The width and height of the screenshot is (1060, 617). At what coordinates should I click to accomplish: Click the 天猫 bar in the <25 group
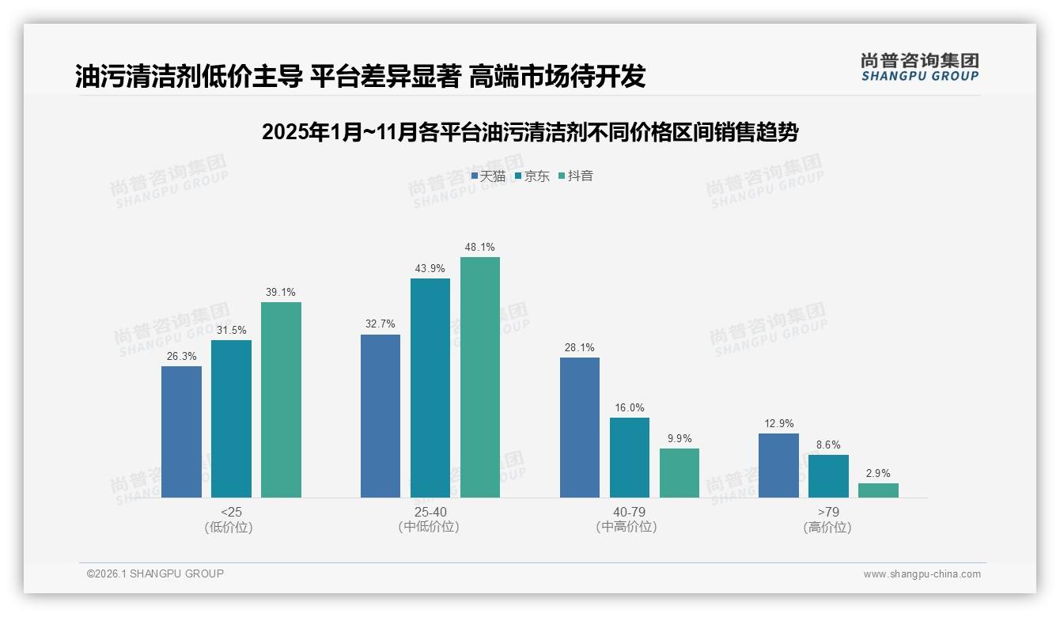(x=181, y=432)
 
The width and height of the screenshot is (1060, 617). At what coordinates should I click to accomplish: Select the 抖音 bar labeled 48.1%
(x=480, y=377)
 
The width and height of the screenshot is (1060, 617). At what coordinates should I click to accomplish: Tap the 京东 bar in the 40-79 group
(x=630, y=458)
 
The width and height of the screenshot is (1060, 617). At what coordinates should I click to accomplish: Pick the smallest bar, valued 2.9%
(x=878, y=490)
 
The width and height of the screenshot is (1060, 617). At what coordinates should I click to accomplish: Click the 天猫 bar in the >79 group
(x=778, y=466)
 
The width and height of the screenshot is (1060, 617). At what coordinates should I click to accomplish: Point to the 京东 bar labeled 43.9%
(x=430, y=388)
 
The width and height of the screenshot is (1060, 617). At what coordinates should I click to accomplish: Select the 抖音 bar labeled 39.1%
(x=281, y=399)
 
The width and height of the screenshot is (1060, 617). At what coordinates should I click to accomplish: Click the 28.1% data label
(x=580, y=347)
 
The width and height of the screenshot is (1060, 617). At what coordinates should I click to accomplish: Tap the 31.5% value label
(x=231, y=330)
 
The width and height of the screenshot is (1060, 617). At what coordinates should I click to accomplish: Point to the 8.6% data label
(x=828, y=445)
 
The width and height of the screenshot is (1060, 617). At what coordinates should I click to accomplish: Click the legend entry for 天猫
(x=488, y=176)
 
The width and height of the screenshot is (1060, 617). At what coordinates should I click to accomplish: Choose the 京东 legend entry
(x=532, y=176)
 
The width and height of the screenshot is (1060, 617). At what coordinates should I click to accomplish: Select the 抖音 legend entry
(x=576, y=176)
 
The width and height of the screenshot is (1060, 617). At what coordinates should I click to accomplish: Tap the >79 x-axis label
(x=828, y=512)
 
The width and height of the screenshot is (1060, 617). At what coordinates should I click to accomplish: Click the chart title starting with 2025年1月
(x=529, y=132)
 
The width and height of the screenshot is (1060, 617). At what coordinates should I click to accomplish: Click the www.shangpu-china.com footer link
(x=922, y=574)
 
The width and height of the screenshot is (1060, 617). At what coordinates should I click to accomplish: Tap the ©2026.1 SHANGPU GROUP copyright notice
(x=155, y=573)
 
